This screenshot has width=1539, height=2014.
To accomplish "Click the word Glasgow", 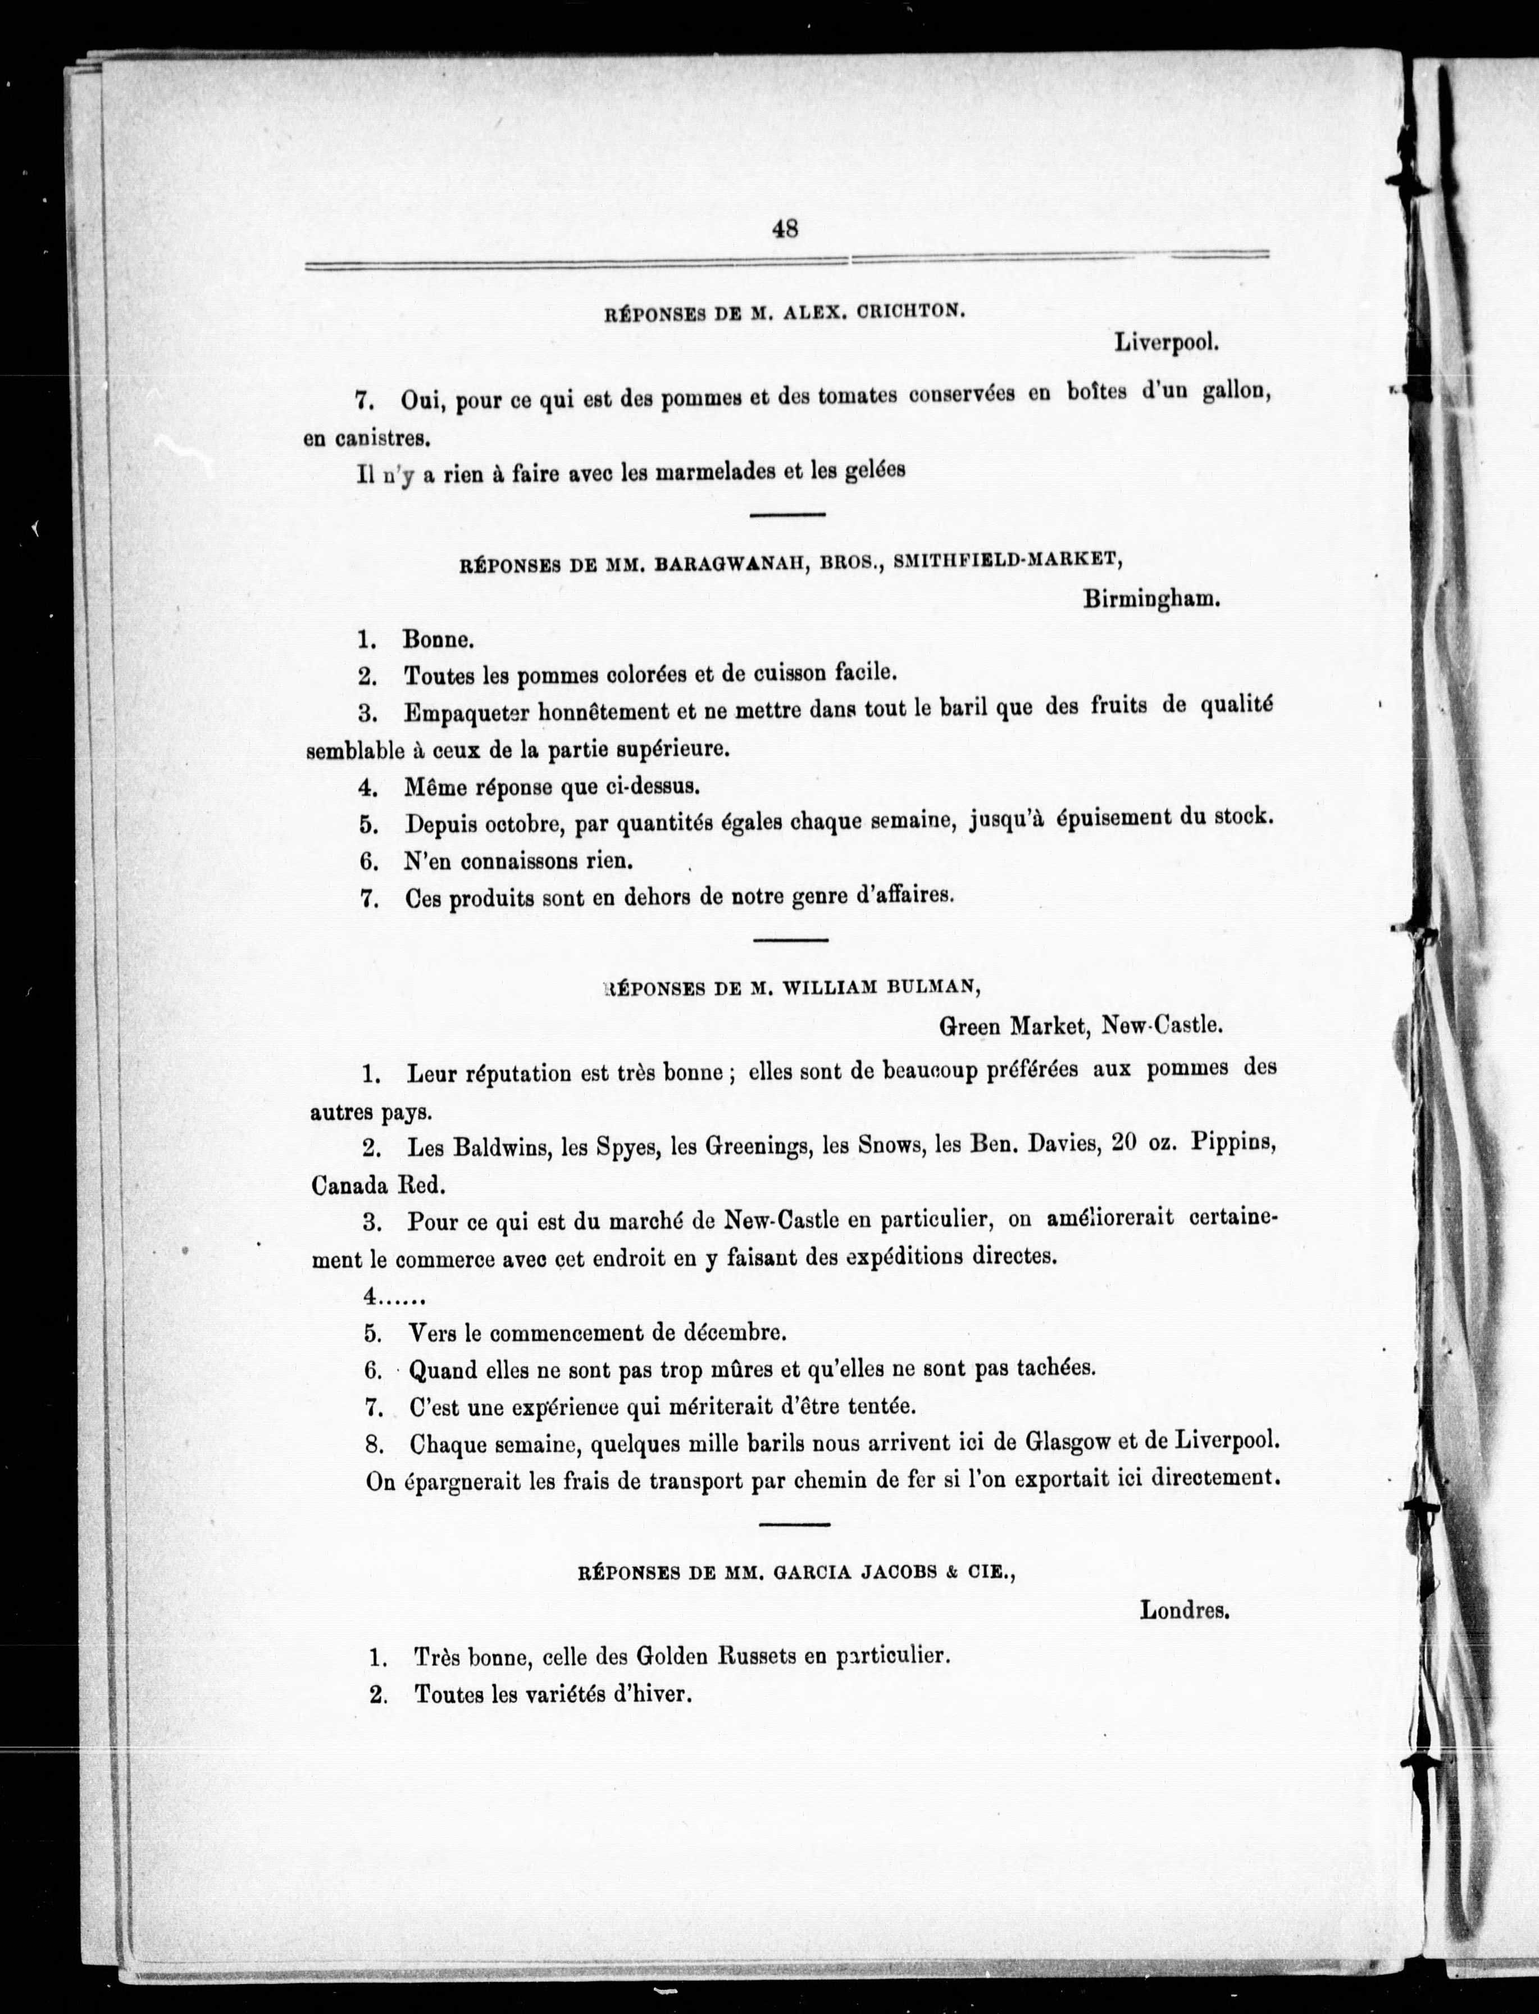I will (1056, 1443).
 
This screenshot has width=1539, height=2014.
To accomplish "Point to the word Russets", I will (755, 1657).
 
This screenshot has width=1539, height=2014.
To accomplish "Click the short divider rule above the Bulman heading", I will (791, 940).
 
